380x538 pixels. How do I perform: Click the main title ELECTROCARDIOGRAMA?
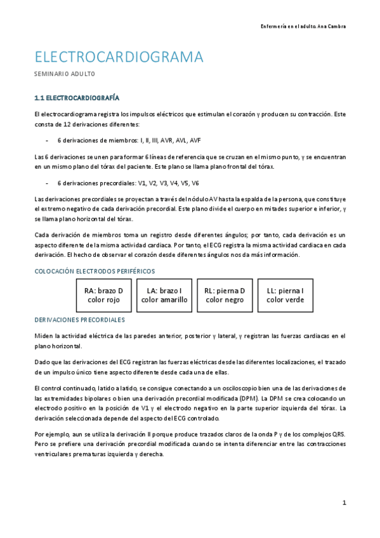point(119,57)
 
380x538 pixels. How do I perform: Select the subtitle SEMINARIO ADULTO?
point(64,75)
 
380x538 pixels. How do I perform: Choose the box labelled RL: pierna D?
point(225,295)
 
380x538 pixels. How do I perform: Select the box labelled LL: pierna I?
point(285,295)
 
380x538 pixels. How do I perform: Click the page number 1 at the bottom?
point(344,502)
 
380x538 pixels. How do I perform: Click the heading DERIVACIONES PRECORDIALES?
point(79,320)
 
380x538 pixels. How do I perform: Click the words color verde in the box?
point(285,300)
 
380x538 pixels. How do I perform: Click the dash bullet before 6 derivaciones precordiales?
point(48,183)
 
